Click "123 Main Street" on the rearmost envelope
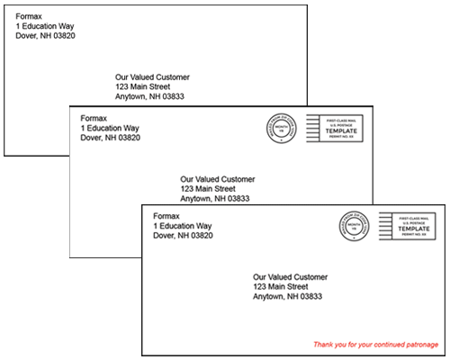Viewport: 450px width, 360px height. [145, 87]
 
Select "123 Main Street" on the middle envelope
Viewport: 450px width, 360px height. [208, 189]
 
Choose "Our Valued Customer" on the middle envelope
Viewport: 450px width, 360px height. [218, 178]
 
